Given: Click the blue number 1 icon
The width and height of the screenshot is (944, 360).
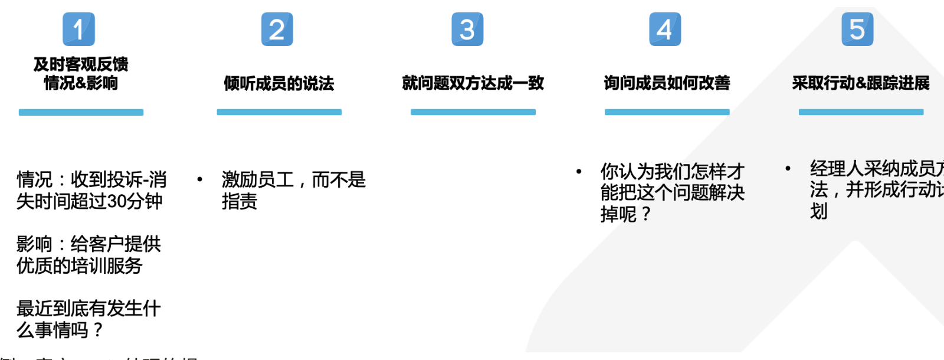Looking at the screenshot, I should pyautogui.click(x=78, y=30).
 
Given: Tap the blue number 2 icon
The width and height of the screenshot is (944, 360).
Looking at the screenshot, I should pyautogui.click(x=277, y=30).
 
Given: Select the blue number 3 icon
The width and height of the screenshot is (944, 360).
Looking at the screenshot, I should pyautogui.click(x=467, y=30).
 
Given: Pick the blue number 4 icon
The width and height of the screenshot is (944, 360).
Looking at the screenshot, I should pyautogui.click(x=665, y=30).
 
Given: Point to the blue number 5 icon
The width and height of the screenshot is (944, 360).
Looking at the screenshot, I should pyautogui.click(x=857, y=30).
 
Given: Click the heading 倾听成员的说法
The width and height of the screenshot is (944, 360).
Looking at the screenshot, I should pyautogui.click(x=278, y=83).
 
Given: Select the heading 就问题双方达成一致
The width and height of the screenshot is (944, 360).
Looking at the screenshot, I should pyautogui.click(x=473, y=83).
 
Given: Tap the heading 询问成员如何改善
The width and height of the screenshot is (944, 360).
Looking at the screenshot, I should pyautogui.click(x=667, y=83).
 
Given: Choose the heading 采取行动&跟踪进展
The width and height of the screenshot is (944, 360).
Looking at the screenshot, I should pyautogui.click(x=860, y=83).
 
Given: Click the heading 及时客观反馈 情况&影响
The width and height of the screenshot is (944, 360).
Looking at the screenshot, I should pyautogui.click(x=81, y=73).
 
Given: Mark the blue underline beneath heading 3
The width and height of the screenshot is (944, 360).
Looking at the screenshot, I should pyautogui.click(x=473, y=112).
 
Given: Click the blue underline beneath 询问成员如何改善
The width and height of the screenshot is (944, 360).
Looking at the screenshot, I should pyautogui.click(x=667, y=112).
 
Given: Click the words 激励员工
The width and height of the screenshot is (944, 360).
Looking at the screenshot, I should pyautogui.click(x=257, y=179).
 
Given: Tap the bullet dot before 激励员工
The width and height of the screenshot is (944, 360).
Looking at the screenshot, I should pyautogui.click(x=200, y=179).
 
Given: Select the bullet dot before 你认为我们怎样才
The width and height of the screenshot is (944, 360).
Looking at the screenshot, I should pyautogui.click(x=579, y=172).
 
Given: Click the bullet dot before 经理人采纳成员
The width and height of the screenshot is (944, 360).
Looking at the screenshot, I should pyautogui.click(x=788, y=169).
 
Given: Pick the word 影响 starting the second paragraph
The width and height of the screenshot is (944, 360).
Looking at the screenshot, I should pyautogui.click(x=34, y=244).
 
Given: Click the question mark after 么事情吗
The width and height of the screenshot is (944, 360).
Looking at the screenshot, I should pyautogui.click(x=97, y=330).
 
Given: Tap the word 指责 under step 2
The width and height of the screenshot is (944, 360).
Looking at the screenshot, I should pyautogui.click(x=240, y=202).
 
